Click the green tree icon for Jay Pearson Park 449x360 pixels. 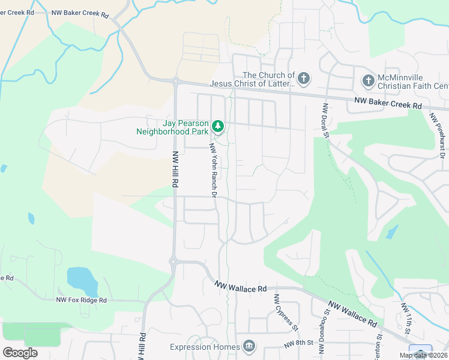[218, 126]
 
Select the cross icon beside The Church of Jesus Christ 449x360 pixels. [304, 79]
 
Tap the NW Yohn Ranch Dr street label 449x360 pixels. [212, 170]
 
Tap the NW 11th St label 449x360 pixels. [406, 318]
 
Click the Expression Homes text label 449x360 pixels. [204, 347]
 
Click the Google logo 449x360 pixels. [21, 352]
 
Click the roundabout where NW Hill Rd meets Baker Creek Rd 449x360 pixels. [176, 81]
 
